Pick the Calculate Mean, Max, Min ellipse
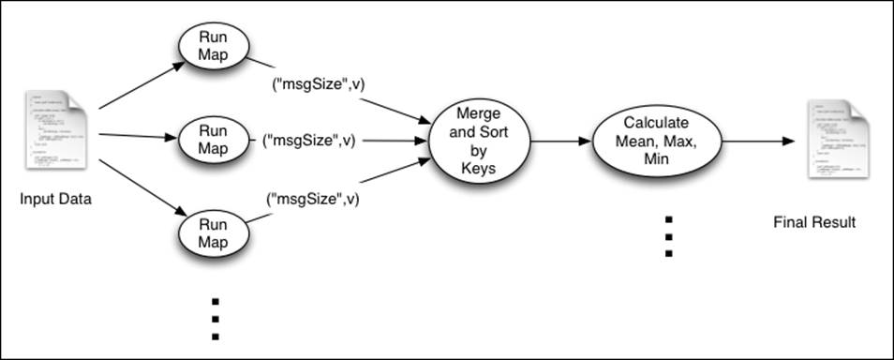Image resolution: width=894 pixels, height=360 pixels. click(x=657, y=142)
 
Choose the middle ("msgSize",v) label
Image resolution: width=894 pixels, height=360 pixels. click(x=309, y=141)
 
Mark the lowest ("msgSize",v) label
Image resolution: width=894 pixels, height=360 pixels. click(x=313, y=199)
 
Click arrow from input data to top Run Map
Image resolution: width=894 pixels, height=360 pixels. click(x=141, y=86)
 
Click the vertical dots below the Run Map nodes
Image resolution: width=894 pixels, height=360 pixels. click(x=215, y=319)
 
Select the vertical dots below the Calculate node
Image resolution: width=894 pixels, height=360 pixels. click(x=668, y=236)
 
